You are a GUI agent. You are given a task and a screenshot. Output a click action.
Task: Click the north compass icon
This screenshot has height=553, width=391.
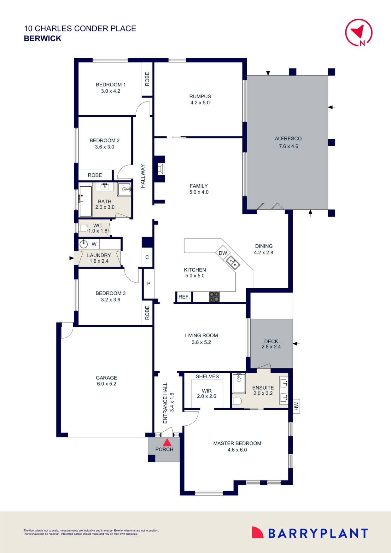[x=359, y=32]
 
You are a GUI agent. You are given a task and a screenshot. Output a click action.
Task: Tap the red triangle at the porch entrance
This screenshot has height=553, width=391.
[x=167, y=443]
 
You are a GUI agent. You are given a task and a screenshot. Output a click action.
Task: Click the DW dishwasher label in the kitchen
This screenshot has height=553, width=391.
[x=223, y=253]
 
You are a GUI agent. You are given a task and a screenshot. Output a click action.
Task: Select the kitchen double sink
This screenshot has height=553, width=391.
[x=233, y=263]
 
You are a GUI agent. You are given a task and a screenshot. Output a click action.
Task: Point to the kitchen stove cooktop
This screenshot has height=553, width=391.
[x=214, y=297]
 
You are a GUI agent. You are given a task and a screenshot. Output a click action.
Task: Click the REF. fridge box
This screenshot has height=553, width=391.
[x=184, y=297]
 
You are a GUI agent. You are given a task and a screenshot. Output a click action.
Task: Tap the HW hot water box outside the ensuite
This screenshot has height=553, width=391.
[x=296, y=406]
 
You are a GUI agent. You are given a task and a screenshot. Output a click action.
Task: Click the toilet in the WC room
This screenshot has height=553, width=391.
[x=83, y=228]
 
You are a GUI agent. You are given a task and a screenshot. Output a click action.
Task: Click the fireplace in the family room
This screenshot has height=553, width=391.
[x=160, y=169]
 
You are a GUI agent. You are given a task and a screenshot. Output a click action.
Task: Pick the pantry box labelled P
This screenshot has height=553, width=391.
[x=149, y=283]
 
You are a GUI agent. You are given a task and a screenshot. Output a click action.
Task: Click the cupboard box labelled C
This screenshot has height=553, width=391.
[x=147, y=257]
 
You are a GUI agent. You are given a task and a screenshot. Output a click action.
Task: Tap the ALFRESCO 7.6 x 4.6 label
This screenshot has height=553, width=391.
[x=288, y=142]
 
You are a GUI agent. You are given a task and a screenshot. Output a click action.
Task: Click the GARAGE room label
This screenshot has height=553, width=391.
[x=106, y=381]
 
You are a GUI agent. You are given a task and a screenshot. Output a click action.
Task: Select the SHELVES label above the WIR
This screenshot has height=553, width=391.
[x=207, y=376]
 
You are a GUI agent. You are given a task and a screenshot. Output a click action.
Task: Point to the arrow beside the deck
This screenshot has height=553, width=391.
[x=296, y=343]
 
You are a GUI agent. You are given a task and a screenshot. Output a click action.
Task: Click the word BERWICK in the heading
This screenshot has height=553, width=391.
[x=43, y=38]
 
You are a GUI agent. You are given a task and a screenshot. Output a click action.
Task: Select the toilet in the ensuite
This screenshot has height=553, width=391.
[x=237, y=401]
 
